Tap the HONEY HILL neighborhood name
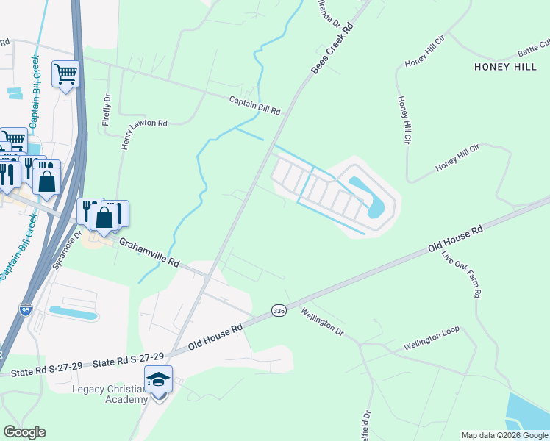click(x=506, y=67)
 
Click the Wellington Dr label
click(x=322, y=322)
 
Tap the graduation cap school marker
click(x=158, y=380)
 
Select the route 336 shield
click(x=278, y=311)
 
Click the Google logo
click(x=24, y=432)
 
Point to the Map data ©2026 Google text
click(x=504, y=435)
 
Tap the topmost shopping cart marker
click(x=65, y=73)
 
